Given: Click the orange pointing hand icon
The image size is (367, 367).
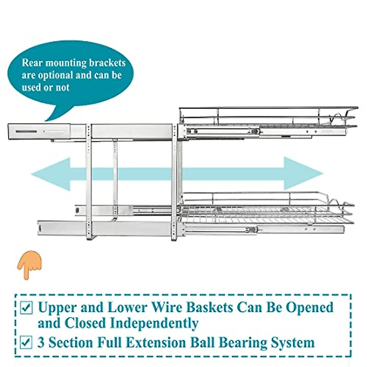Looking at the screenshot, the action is pos(29,265).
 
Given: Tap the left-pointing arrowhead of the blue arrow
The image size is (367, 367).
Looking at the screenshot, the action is pos(51,174).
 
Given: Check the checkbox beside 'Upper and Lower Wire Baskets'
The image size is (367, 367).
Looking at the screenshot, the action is pos(26,307).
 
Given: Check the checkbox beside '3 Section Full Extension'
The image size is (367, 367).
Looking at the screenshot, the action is pos(26,342).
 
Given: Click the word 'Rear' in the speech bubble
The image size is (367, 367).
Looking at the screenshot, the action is pos(32,63).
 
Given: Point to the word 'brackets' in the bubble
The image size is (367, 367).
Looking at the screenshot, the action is pos(107,63).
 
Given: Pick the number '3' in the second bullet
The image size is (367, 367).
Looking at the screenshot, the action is pos(41,342).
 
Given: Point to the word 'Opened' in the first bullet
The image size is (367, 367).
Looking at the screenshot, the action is pos(310,307).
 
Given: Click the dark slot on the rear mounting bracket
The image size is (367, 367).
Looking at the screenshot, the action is pos(26,132).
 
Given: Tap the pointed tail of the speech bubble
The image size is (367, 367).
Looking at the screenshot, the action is pos(46,121).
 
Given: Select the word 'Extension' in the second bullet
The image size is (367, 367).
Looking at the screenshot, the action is pos(156,342).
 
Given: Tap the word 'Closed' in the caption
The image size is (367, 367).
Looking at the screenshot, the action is pos(85,323).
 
